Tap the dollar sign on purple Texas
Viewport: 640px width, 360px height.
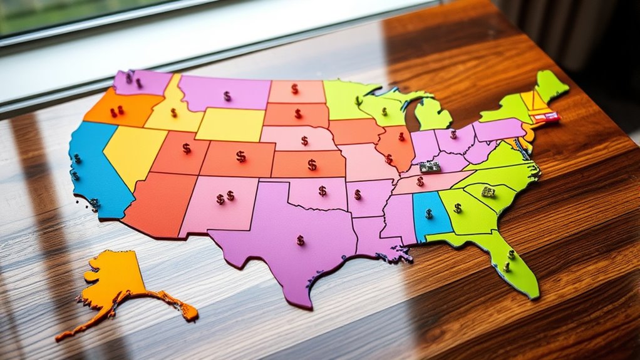301,240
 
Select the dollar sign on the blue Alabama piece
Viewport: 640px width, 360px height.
429,213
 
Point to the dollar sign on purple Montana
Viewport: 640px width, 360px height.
227,96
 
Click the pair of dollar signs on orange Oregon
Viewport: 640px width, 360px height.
117,111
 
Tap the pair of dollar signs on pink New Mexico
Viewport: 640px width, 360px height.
225,197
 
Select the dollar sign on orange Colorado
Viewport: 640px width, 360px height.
241,157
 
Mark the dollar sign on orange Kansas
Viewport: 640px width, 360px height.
312,165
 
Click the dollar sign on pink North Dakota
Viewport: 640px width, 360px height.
294,89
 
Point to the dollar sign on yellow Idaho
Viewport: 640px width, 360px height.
174,113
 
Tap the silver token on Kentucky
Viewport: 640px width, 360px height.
430,167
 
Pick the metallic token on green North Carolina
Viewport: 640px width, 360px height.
488,191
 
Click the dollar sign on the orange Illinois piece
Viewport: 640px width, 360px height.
401,136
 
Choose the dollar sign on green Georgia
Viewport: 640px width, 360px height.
458,208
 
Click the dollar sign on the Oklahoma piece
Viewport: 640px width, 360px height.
322,190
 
